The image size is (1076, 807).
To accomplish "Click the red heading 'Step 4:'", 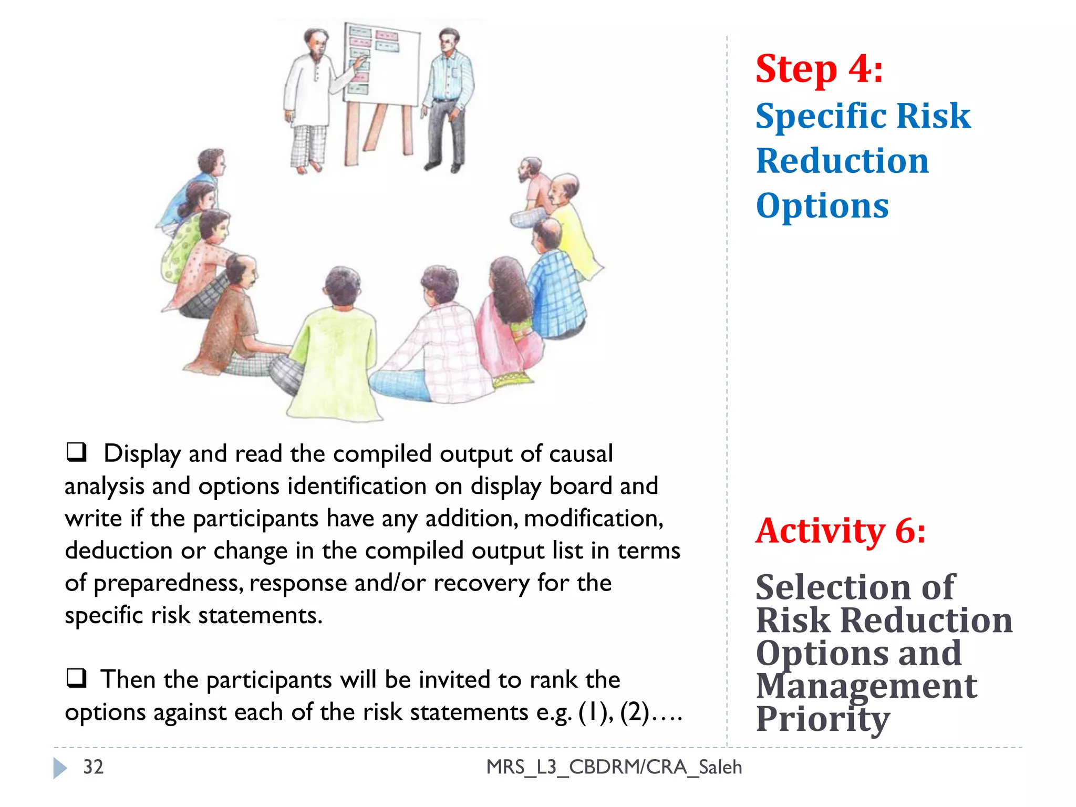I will [x=819, y=69].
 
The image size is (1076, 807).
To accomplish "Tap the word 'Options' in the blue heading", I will [x=822, y=206].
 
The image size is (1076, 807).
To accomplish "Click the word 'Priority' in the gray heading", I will [x=822, y=719].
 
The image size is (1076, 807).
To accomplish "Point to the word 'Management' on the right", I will [x=866, y=686].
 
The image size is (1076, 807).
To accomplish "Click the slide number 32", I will [x=94, y=767].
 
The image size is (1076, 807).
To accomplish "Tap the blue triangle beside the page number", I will [x=60, y=768].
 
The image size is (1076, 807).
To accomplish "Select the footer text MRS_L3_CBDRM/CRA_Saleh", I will [x=614, y=767].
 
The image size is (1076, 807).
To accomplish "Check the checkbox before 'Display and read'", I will [x=77, y=452].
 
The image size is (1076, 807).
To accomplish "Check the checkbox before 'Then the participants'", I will [x=77, y=678].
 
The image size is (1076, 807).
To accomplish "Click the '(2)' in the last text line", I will [x=634, y=712].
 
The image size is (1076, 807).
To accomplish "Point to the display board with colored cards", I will [x=382, y=66].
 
